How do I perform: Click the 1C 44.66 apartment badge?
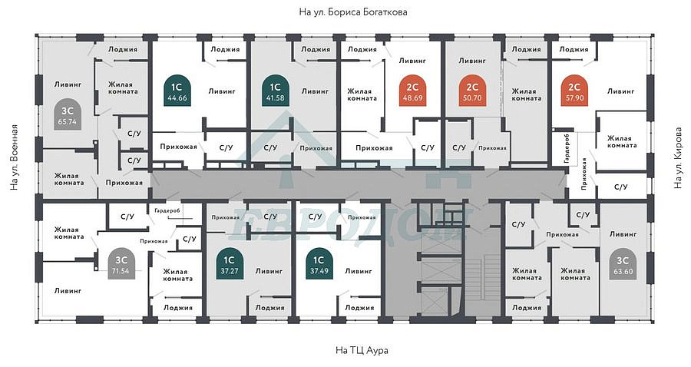click(x=177, y=91)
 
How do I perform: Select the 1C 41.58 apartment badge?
click(x=275, y=91)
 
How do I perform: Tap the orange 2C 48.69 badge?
click(x=412, y=91)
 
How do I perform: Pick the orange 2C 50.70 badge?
click(x=472, y=91)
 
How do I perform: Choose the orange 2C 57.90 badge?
click(x=574, y=91)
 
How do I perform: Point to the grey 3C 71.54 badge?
click(x=121, y=263)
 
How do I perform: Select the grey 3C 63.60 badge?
click(x=623, y=263)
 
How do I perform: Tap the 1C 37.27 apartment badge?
click(x=229, y=263)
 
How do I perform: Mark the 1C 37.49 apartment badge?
click(x=319, y=263)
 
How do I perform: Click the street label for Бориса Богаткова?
click(x=353, y=12)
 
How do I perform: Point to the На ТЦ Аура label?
click(x=362, y=351)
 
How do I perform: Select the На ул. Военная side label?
click(x=15, y=157)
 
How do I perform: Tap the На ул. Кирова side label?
click(x=678, y=158)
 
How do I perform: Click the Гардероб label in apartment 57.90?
click(x=567, y=147)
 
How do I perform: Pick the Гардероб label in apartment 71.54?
click(x=167, y=211)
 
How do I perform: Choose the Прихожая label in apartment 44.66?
click(x=178, y=147)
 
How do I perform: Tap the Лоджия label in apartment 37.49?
click(x=359, y=308)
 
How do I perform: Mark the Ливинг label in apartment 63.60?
click(x=623, y=234)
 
